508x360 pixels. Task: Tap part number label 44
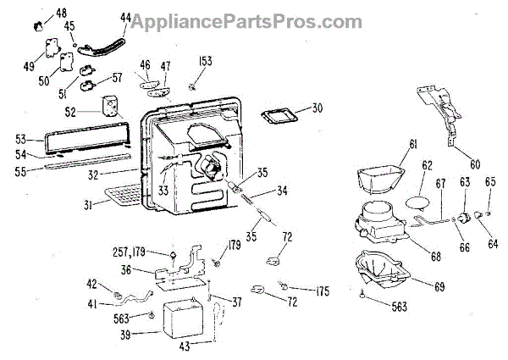pos(125,17)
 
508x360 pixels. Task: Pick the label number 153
pos(205,62)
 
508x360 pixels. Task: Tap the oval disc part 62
pos(420,202)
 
